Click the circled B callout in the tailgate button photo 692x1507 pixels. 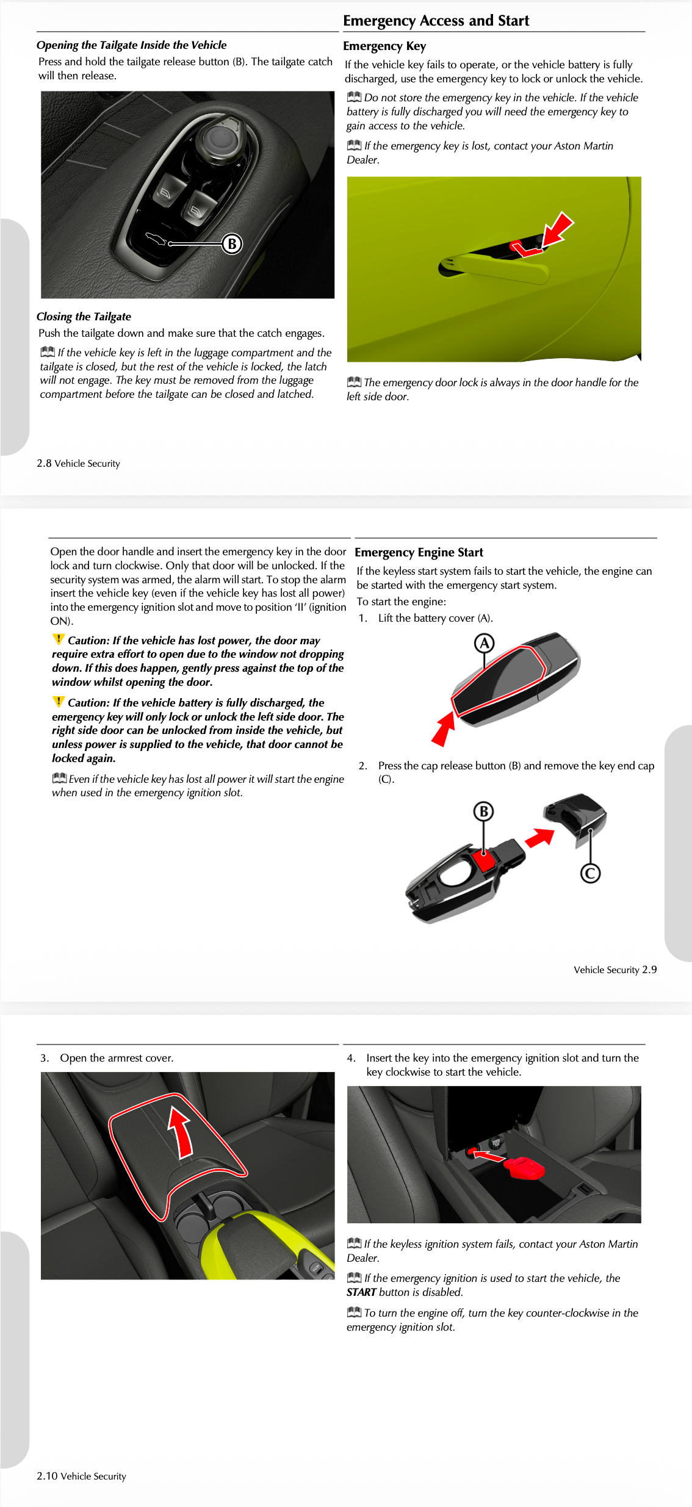coord(232,244)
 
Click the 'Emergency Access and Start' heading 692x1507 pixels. coord(436,21)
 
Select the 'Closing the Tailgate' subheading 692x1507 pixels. coord(84,317)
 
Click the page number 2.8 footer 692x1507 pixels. coord(78,464)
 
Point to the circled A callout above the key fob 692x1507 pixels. coord(484,643)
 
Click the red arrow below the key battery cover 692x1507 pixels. coord(444,730)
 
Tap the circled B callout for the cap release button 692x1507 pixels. coord(483,811)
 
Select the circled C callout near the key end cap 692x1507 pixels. coord(589,873)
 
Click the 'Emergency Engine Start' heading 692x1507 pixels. coord(419,553)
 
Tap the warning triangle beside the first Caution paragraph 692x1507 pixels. coord(58,639)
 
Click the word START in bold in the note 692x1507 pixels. coord(361,1292)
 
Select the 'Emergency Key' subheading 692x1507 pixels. coord(384,46)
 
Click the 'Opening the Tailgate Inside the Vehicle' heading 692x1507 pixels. coord(131,45)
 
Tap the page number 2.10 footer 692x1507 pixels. coord(81,1476)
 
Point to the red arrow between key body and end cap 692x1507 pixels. coord(539,838)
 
